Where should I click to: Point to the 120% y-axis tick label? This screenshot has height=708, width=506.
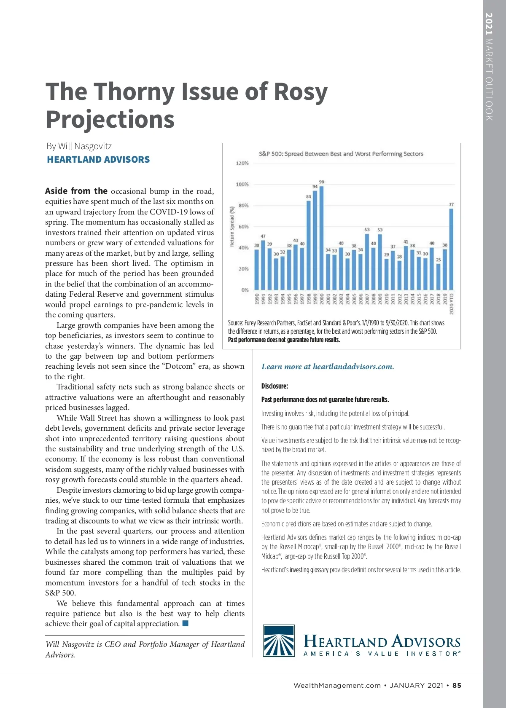pos(242,163)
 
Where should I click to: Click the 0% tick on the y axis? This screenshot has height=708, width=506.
pos(245,290)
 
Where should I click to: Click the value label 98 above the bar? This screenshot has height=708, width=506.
pos(322,182)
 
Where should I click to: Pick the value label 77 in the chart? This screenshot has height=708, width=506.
pos(451,204)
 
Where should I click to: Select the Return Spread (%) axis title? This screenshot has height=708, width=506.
pos(232,227)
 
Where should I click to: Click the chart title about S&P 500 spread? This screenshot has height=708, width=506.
pos(341,154)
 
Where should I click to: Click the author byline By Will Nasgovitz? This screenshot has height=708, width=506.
pos(79,146)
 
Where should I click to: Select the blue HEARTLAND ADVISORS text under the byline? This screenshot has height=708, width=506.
pos(98,160)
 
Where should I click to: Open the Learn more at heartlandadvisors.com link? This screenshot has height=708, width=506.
pos(328,367)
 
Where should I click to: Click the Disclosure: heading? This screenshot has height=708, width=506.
pos(275,386)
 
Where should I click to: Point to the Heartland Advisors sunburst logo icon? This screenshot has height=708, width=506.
pos(279,641)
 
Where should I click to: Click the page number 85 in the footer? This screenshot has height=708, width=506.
pos(457,686)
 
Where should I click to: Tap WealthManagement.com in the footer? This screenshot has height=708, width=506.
pos(337,686)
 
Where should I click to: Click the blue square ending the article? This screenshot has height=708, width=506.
pos(185,623)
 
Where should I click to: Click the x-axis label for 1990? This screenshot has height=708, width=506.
pos(257,299)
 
